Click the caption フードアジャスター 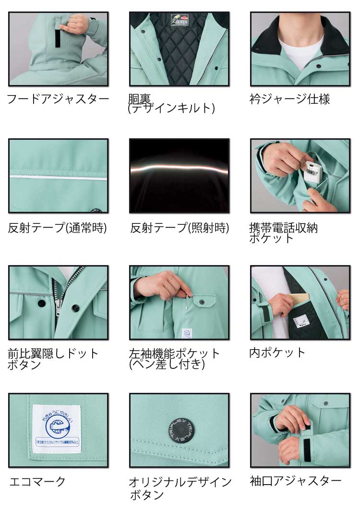point(58,99)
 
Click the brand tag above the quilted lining point(180,20)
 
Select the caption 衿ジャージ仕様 point(289,99)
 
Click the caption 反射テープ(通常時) point(57,228)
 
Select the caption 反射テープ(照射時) point(180,228)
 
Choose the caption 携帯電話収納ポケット point(283,232)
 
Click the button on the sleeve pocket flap point(201,302)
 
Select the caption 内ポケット point(277,353)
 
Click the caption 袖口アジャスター point(296,481)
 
